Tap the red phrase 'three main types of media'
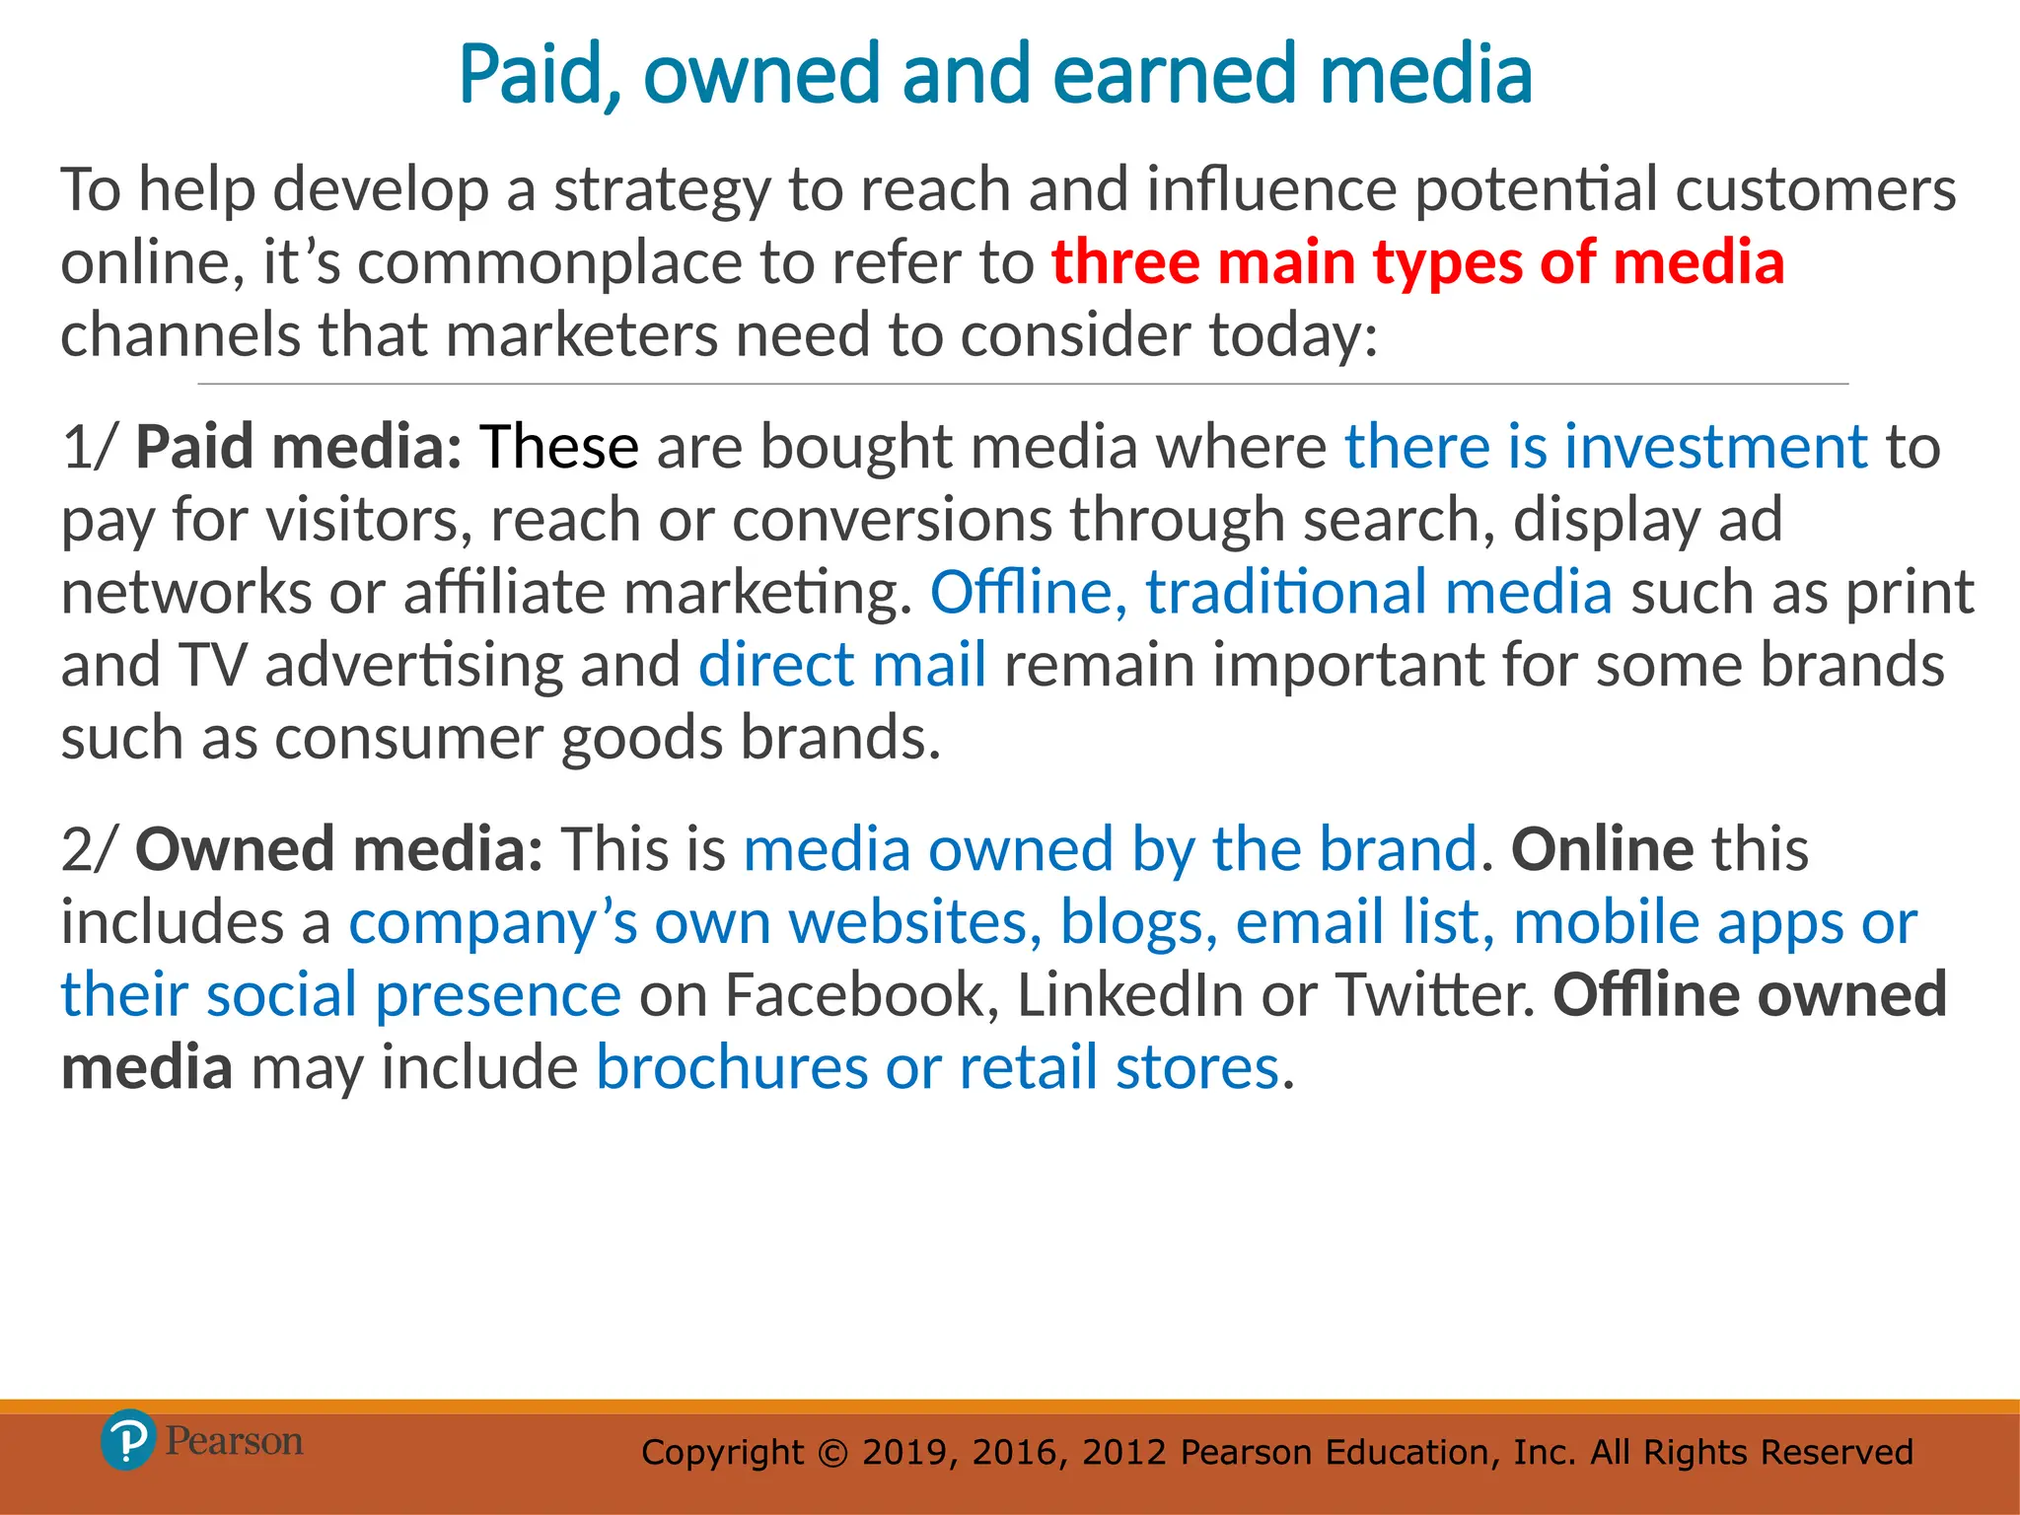pos(1417,262)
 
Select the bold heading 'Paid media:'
pos(299,447)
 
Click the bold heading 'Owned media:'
pos(338,849)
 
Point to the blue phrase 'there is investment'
pos(1606,447)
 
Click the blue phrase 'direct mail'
pos(842,665)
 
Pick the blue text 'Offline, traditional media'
pos(1271,593)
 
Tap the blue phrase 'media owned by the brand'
pos(1111,849)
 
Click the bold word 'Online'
pos(1603,849)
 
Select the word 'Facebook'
pos(855,994)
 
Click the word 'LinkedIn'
pos(1129,994)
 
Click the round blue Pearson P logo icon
pos(128,1440)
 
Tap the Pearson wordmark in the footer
pos(234,1441)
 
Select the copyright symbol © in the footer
pos(833,1453)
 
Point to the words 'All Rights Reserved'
pos(1751,1452)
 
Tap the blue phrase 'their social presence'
pos(341,994)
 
